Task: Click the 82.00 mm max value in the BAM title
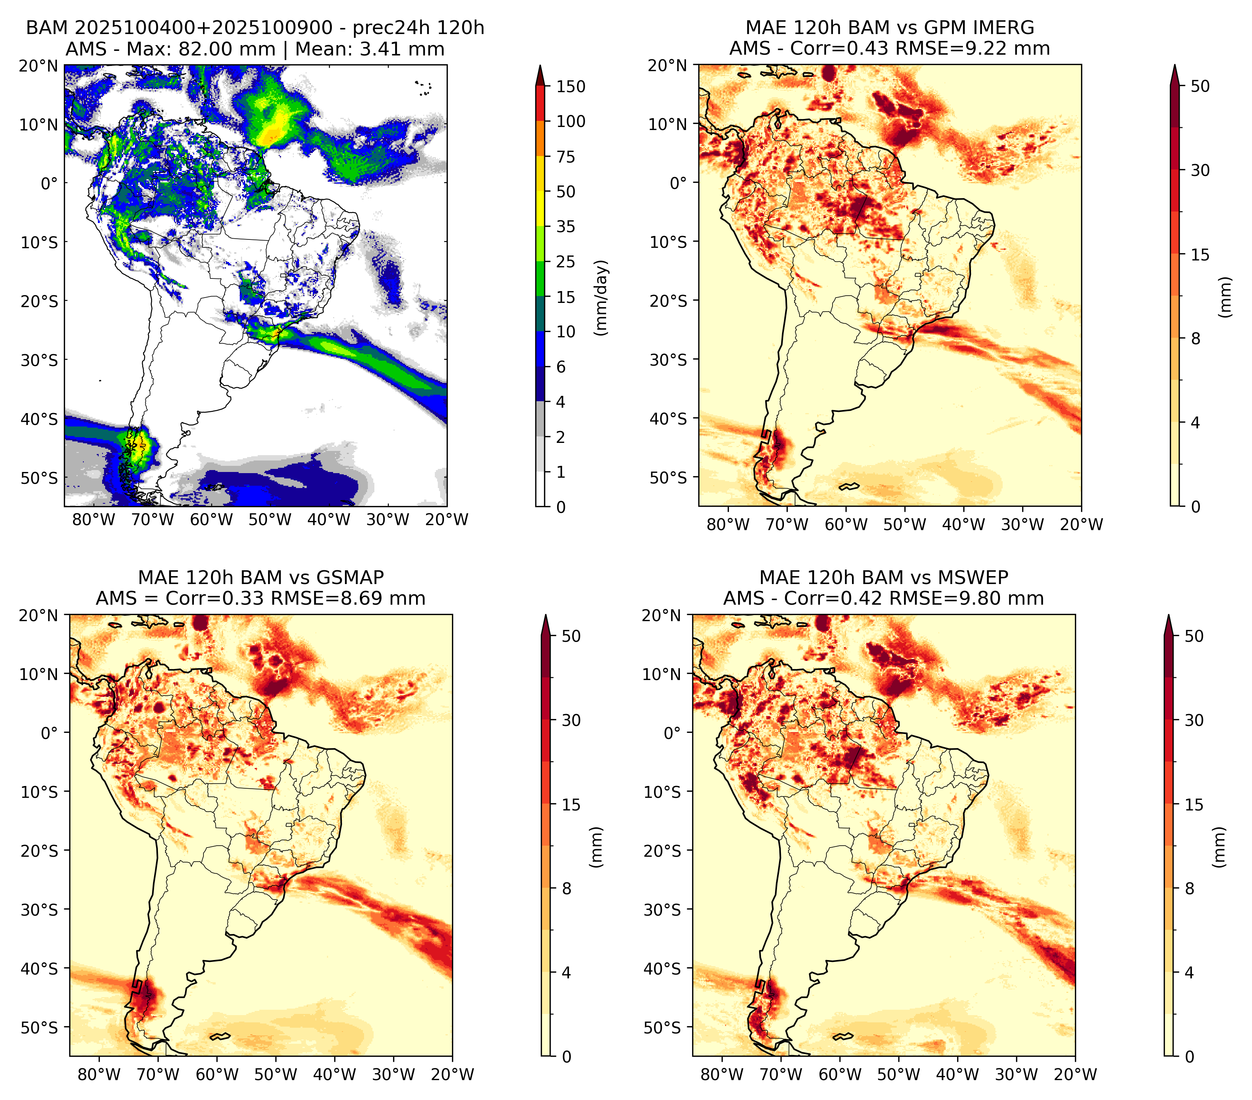coord(227,49)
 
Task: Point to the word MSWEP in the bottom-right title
coord(977,578)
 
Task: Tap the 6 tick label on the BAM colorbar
coord(561,367)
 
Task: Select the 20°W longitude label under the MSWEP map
coord(1076,1075)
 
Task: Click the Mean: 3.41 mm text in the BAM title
coord(370,49)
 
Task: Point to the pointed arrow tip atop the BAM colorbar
coord(540,65)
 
